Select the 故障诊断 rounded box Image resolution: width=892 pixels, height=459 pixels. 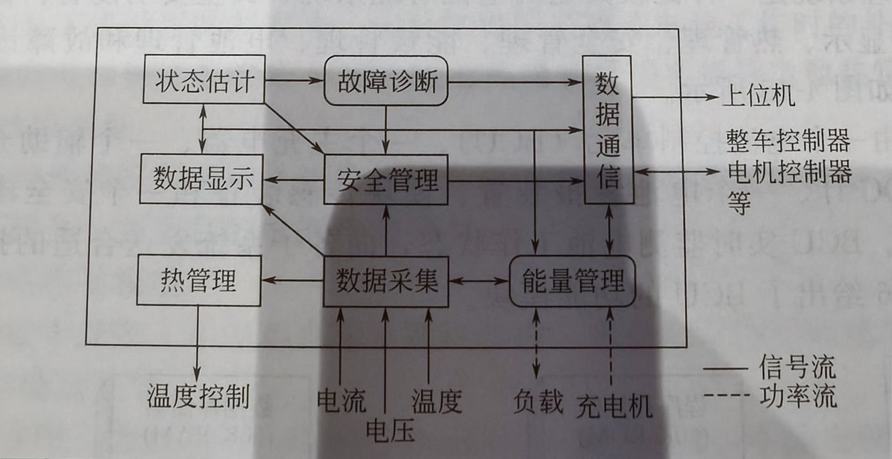(x=386, y=81)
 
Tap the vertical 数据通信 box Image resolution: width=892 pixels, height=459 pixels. (x=608, y=130)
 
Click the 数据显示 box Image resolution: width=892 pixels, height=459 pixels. (x=202, y=179)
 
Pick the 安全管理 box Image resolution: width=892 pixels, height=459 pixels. (x=386, y=180)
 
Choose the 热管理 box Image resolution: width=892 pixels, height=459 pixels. (x=199, y=281)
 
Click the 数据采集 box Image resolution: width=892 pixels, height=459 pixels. (x=386, y=281)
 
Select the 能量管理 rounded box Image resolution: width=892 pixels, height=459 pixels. (x=572, y=281)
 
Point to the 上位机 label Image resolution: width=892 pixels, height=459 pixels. (x=759, y=96)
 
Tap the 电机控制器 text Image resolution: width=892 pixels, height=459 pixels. (x=789, y=172)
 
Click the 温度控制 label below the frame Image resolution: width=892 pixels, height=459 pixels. (x=198, y=396)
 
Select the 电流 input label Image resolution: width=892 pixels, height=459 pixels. (x=341, y=400)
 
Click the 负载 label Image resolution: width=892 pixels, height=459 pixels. (x=538, y=401)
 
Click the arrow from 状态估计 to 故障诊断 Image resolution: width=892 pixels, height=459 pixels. (x=294, y=80)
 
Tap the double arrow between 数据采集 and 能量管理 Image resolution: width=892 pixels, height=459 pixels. (x=479, y=281)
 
